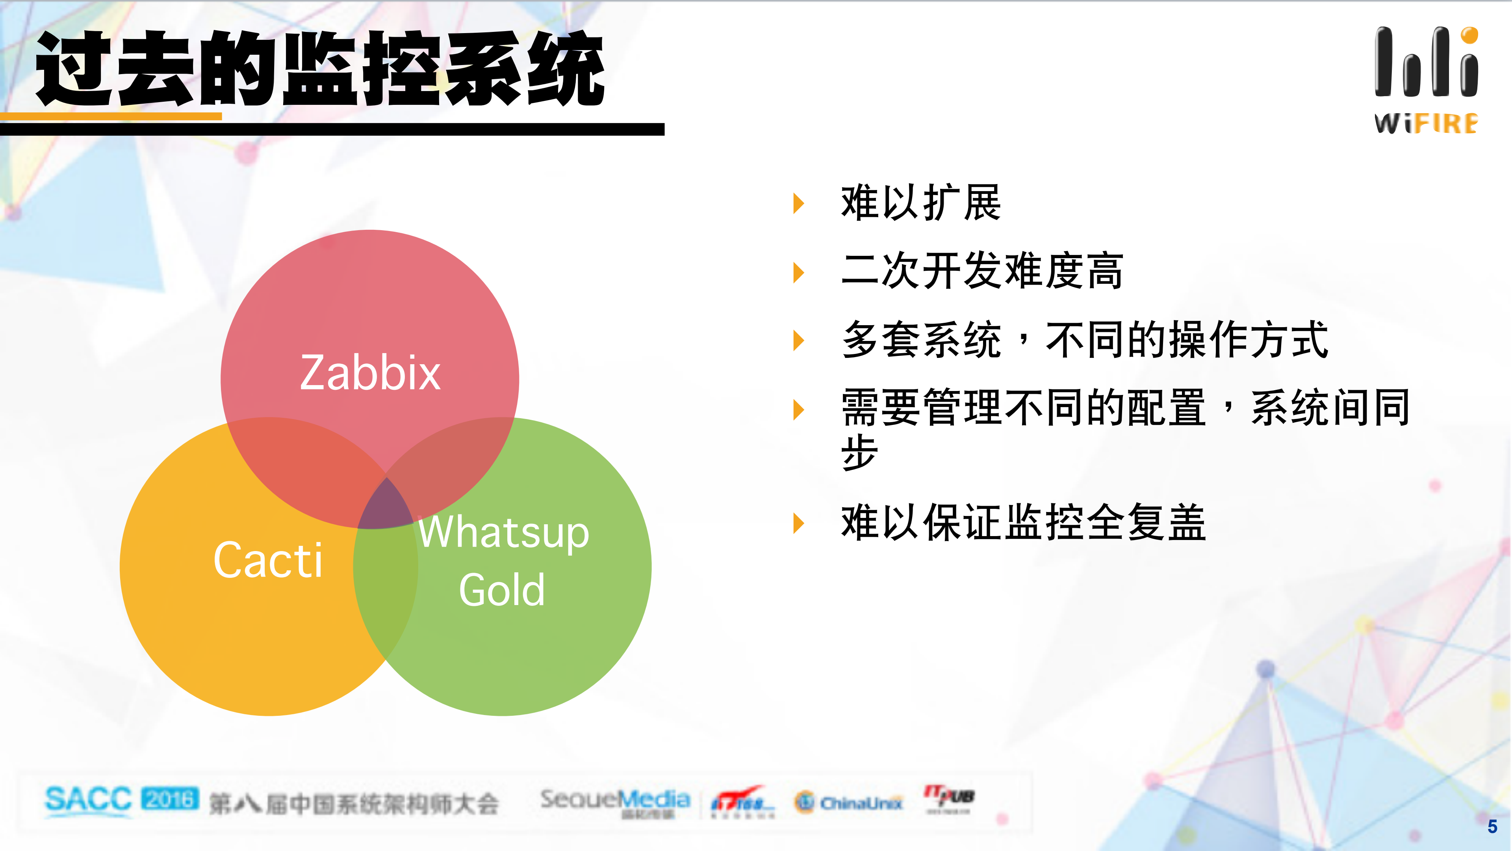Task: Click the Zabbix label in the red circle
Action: coord(370,372)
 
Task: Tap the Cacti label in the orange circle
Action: coord(268,560)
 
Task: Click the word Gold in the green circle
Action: coord(502,590)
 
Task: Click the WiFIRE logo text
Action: coord(1426,124)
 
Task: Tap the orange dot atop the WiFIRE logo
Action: coord(1469,35)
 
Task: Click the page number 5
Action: coord(1492,826)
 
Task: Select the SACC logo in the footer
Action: coord(88,800)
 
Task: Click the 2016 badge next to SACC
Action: coord(170,799)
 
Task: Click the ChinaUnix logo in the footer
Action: coord(849,802)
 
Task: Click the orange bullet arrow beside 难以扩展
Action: coord(798,203)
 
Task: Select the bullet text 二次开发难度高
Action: coord(981,271)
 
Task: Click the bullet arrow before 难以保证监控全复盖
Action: coord(798,523)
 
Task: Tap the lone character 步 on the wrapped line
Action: coord(859,452)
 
